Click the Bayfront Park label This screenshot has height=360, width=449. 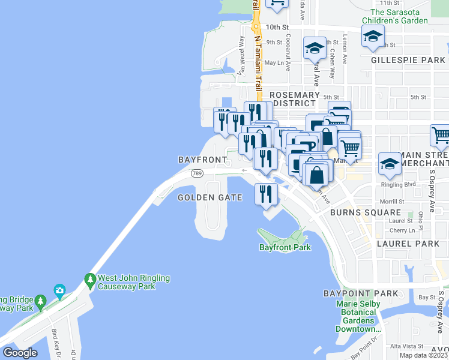tap(285, 247)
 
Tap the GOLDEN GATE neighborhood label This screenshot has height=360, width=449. tap(210, 197)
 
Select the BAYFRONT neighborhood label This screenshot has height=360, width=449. tap(202, 160)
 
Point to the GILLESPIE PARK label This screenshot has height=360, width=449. tap(407, 61)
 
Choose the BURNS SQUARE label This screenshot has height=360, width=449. tap(365, 212)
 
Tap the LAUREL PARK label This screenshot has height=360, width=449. tap(408, 244)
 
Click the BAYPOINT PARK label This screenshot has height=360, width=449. tap(360, 293)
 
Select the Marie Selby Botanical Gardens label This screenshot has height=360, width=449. tap(359, 316)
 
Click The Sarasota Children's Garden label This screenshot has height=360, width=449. tap(399, 16)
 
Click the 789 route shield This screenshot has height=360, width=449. tap(196, 173)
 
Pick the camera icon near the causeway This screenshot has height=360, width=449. tap(59, 291)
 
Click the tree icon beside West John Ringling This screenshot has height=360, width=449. tap(90, 279)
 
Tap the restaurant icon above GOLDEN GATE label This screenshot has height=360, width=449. tap(265, 194)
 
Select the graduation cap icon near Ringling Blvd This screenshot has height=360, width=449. tap(389, 164)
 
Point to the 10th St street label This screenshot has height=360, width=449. tap(277, 27)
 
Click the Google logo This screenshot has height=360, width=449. tap(20, 353)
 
